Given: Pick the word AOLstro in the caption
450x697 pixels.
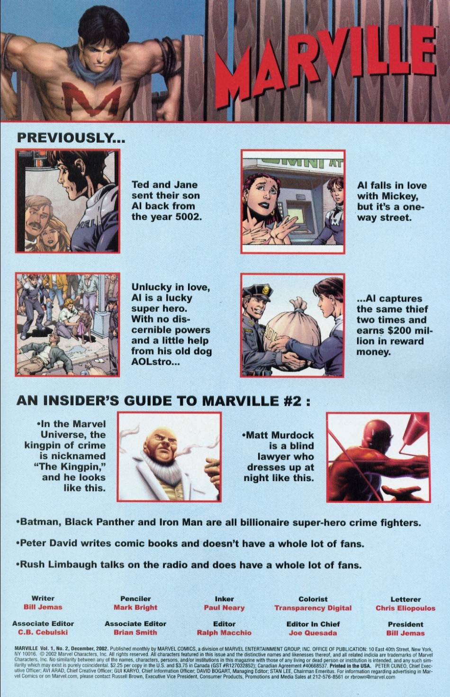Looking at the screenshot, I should pyautogui.click(x=151, y=362).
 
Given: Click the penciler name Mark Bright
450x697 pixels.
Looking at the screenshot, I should pyautogui.click(x=135, y=607).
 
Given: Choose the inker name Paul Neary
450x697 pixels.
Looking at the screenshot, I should pyautogui.click(x=224, y=607).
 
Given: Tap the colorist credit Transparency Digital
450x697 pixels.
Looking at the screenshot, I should pyautogui.click(x=313, y=607).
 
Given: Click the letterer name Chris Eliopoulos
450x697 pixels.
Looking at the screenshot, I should pyautogui.click(x=405, y=607).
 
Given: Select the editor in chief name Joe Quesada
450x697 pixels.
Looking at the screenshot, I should pyautogui.click(x=313, y=633).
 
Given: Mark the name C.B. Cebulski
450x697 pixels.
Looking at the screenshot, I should pyautogui.click(x=43, y=633).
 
